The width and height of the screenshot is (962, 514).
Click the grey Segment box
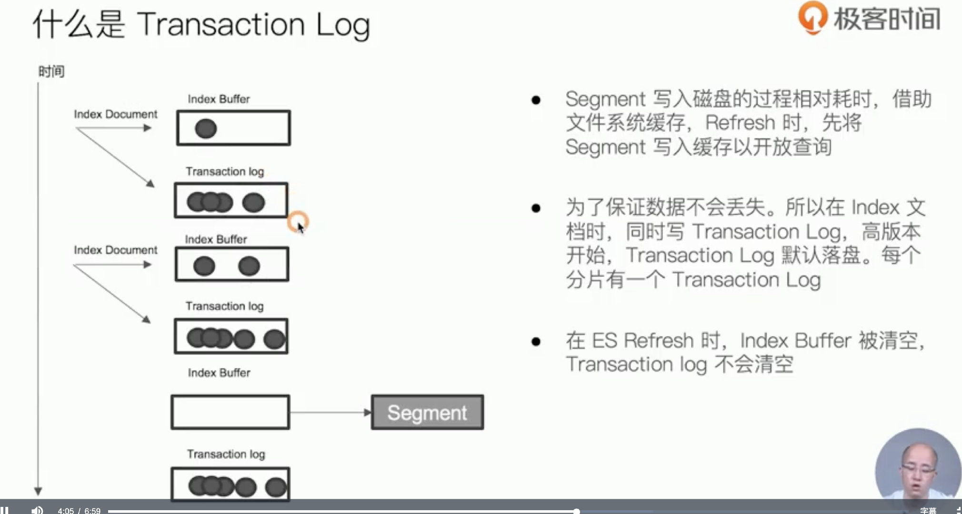point(427,412)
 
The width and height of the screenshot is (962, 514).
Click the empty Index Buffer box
point(230,412)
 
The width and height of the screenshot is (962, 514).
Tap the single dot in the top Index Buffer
point(206,128)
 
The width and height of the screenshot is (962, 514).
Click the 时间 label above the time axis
point(51,72)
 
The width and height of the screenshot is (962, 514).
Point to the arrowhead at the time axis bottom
point(38,491)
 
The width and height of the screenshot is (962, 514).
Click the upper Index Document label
point(115,114)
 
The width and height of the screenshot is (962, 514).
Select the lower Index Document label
point(115,250)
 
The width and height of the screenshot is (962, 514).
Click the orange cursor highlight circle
point(298,221)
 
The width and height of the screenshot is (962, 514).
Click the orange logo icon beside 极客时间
point(812,18)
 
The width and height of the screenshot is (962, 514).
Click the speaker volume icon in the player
point(37,510)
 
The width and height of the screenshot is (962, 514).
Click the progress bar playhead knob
point(576,511)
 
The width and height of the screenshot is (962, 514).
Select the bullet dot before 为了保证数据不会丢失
point(536,208)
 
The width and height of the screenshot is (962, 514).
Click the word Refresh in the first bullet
point(740,123)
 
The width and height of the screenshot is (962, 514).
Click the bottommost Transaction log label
point(226,454)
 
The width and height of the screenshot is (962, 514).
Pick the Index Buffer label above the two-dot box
point(216,239)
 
